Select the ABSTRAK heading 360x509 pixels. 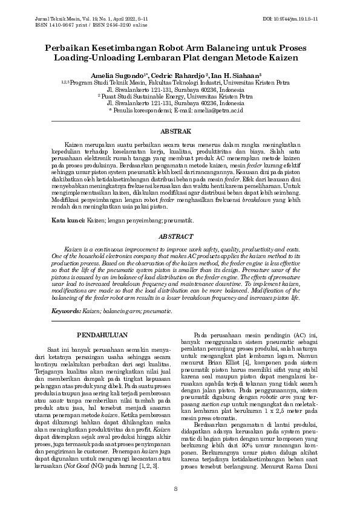[180, 131]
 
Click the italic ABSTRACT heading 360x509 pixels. [180, 237]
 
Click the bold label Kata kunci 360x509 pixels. [67, 222]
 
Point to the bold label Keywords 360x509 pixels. [66, 311]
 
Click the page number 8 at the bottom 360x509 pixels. [175, 489]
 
